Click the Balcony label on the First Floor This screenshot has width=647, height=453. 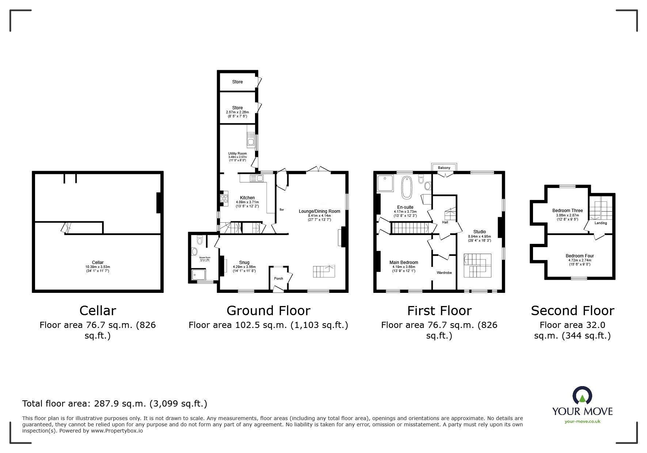click(x=444, y=168)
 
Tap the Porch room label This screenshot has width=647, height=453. click(x=278, y=279)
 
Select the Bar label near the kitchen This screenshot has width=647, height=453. click(x=282, y=209)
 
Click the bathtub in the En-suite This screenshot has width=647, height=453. click(x=406, y=187)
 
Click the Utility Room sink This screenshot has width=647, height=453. click(x=251, y=141)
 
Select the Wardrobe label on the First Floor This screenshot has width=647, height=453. click(x=444, y=273)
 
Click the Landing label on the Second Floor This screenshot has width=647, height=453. click(x=601, y=223)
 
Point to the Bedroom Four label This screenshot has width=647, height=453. click(x=579, y=256)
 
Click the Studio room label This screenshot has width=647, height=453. click(x=479, y=232)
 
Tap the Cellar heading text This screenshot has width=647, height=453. click(x=98, y=311)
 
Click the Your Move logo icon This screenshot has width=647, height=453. click(x=582, y=396)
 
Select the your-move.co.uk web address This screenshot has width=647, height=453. click(x=582, y=422)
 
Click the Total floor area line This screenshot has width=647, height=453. click(x=115, y=404)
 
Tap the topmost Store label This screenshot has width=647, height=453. click(x=237, y=82)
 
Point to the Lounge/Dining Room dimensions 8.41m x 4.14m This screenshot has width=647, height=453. click(x=319, y=216)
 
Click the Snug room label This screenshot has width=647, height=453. click(x=244, y=263)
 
